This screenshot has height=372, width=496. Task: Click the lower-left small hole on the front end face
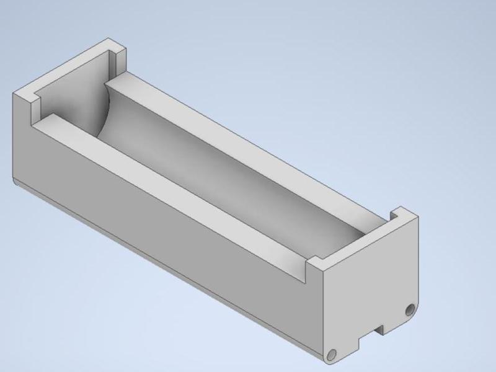coord(332,353)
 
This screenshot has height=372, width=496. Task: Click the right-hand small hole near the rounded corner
coord(409,309)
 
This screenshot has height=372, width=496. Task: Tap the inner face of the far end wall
coord(68,93)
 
